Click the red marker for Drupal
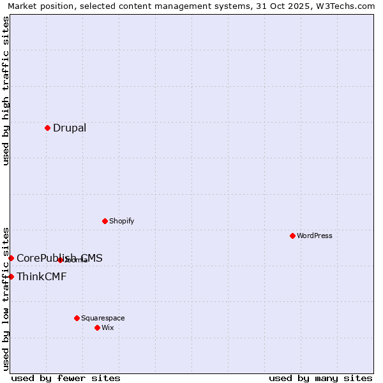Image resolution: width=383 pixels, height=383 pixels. pyautogui.click(x=47, y=128)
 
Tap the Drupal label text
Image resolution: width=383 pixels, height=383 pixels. pyautogui.click(x=70, y=128)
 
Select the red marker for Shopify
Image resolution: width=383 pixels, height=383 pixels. pyautogui.click(x=105, y=221)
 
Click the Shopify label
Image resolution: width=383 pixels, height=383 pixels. pyautogui.click(x=121, y=221)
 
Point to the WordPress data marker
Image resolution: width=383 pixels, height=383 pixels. pyautogui.click(x=292, y=236)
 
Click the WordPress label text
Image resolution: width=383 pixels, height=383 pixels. pyautogui.click(x=315, y=236)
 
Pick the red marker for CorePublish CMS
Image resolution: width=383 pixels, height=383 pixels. pyautogui.click(x=11, y=258)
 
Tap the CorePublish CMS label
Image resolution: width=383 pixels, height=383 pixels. pyautogui.click(x=59, y=258)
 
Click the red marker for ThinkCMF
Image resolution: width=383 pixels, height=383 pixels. pyautogui.click(x=11, y=276)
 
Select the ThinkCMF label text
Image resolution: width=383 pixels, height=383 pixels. pyautogui.click(x=41, y=276)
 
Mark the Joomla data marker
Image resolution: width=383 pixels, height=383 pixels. pyautogui.click(x=60, y=260)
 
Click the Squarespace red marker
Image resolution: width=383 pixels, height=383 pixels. pyautogui.click(x=77, y=318)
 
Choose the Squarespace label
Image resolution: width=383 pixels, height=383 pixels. pyautogui.click(x=103, y=318)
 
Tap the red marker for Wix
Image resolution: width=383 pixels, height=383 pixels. pyautogui.click(x=97, y=327)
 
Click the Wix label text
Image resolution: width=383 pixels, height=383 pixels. pyautogui.click(x=108, y=327)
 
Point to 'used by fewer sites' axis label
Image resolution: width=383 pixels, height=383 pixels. pyautogui.click(x=66, y=378)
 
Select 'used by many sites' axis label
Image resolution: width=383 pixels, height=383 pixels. pyautogui.click(x=320, y=378)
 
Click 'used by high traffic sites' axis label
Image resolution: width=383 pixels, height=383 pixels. pyautogui.click(x=6, y=91)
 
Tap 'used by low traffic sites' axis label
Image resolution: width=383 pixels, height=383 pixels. pyautogui.click(x=6, y=298)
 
